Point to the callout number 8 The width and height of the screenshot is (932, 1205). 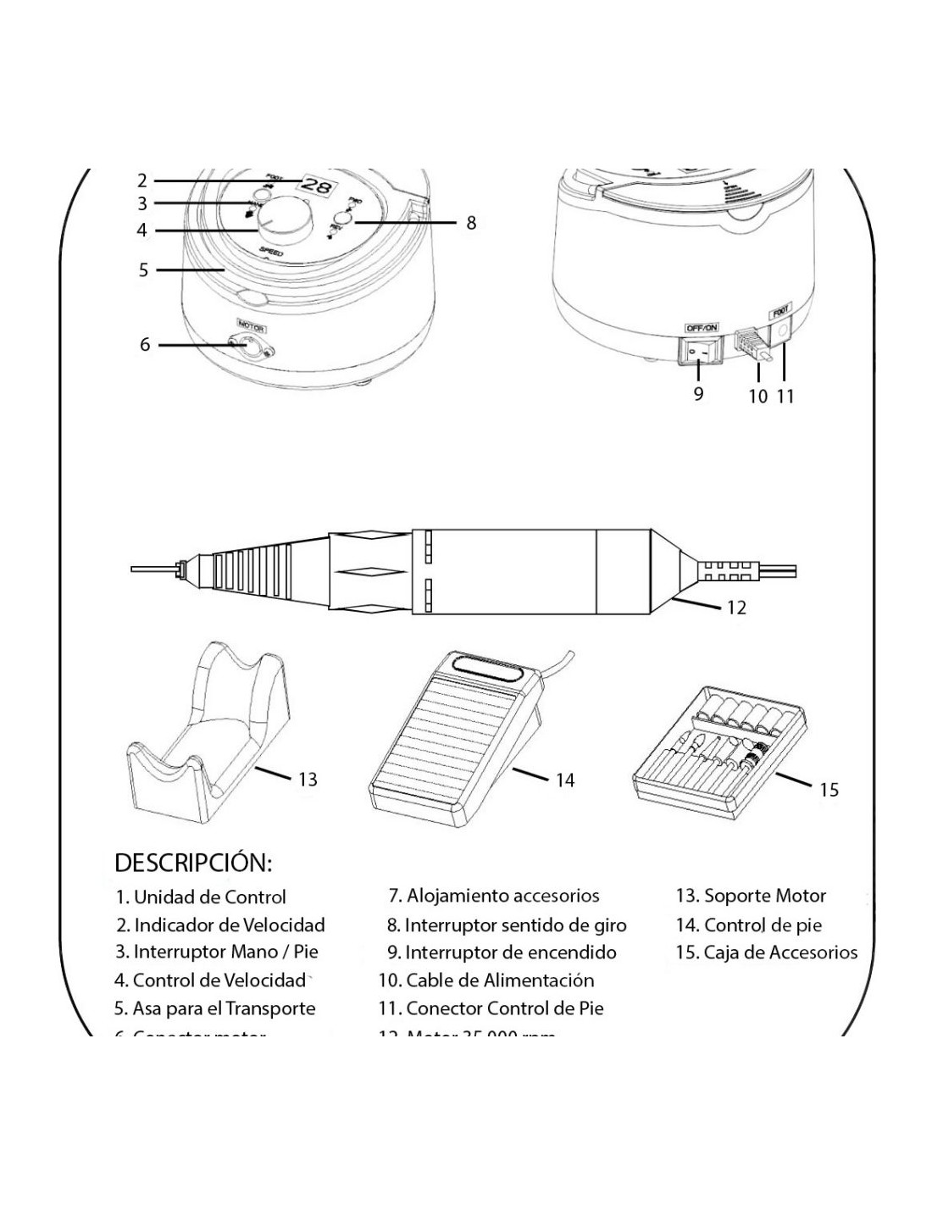[471, 223]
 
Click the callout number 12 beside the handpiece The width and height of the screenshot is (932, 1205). [736, 608]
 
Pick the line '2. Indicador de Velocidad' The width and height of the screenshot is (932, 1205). [221, 925]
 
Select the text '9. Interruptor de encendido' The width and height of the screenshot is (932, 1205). [502, 952]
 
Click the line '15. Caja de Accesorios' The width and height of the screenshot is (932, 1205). [767, 952]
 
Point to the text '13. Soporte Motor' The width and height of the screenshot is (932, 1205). [751, 896]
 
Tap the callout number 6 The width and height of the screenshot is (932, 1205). [145, 345]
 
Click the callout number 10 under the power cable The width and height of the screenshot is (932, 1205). [757, 396]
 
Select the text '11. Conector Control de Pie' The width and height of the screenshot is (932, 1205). [491, 1008]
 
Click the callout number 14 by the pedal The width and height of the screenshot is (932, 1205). [565, 780]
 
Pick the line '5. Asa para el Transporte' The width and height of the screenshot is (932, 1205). [215, 1008]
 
